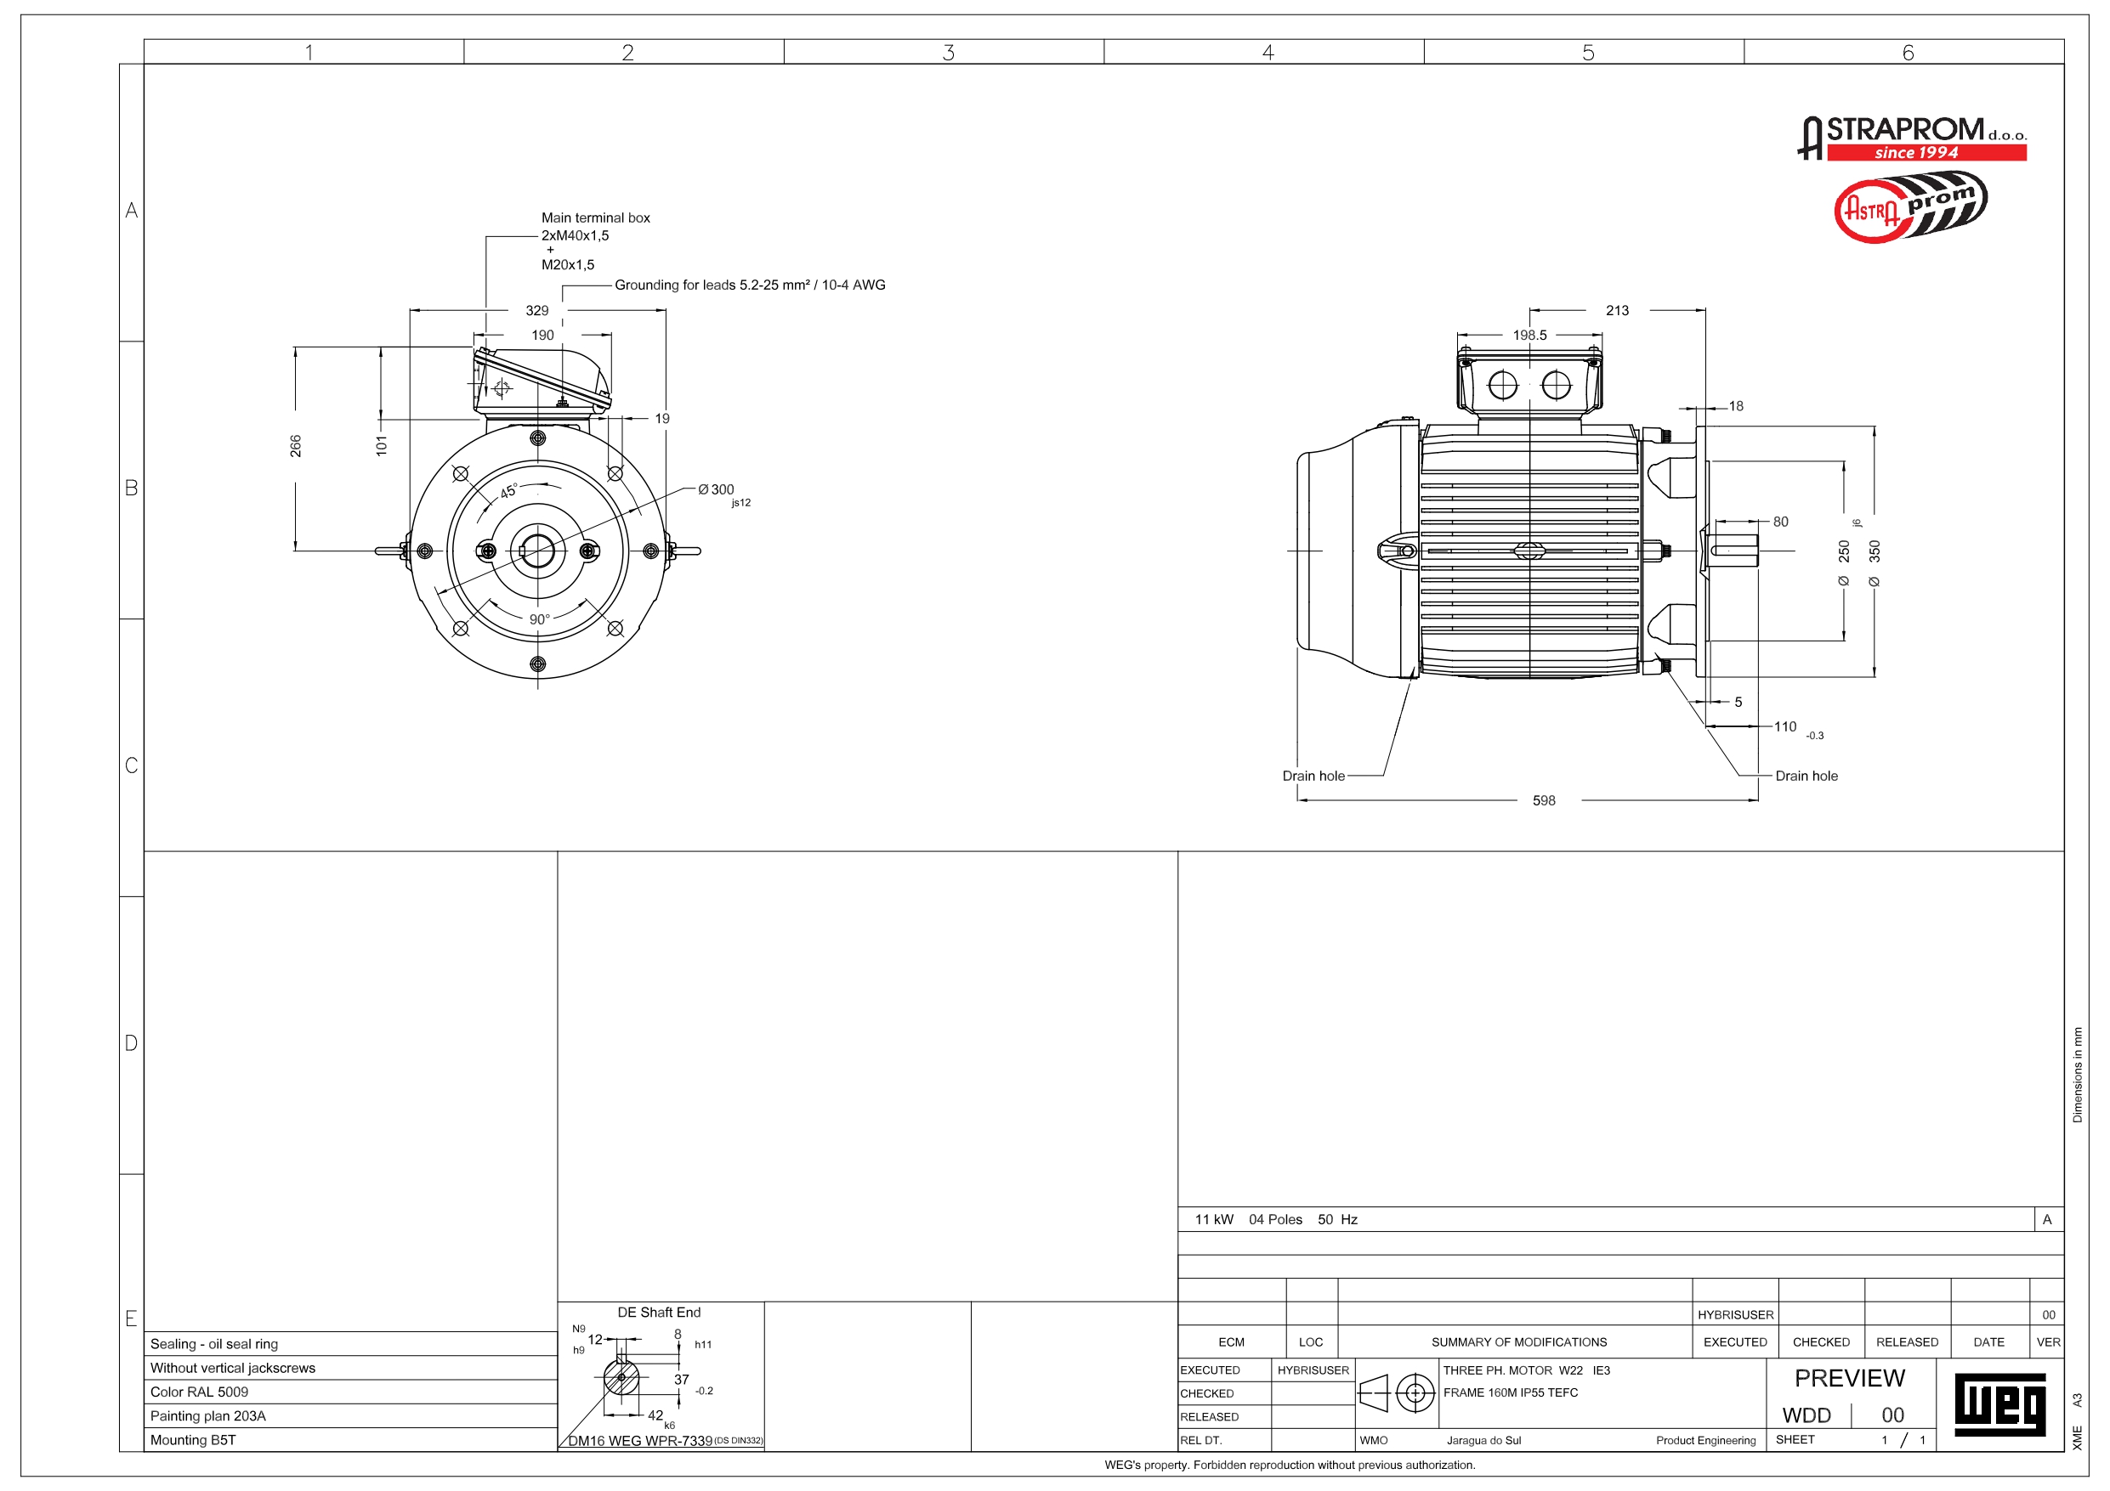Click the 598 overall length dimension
tap(1543, 801)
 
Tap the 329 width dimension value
tap(536, 310)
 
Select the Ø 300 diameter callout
tap(716, 489)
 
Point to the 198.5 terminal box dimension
tap(1529, 336)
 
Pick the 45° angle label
tap(508, 492)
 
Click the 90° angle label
tap(540, 619)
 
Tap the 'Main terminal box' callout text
tap(594, 217)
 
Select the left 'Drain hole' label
tap(1313, 777)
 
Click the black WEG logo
tap(1999, 1403)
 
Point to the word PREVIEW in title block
tap(1849, 1378)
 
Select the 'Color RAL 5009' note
tap(200, 1392)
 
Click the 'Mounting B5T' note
tap(193, 1439)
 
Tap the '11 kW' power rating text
tap(1214, 1220)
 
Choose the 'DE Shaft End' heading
tap(658, 1313)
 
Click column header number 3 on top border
tap(948, 53)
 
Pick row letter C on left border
tap(132, 765)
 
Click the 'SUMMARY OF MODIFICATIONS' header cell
tap(1518, 1342)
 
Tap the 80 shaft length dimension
tap(1780, 522)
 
